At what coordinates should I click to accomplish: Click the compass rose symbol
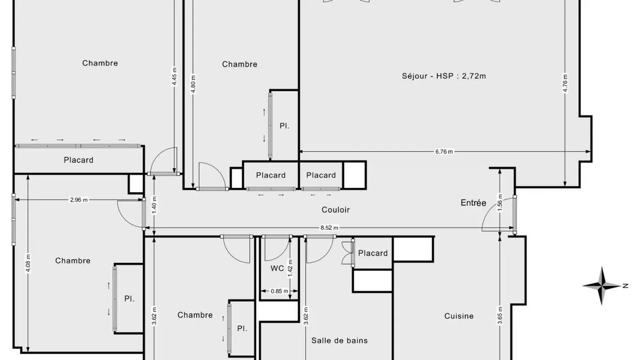point(602,285)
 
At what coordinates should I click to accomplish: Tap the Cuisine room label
point(459,316)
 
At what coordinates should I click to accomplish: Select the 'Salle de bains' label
point(339,340)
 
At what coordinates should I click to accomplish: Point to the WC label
point(277,268)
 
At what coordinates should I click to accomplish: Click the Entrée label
point(473,203)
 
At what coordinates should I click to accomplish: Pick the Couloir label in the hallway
point(335,210)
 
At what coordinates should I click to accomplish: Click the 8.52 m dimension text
point(330,228)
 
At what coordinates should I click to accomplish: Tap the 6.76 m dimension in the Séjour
point(444,151)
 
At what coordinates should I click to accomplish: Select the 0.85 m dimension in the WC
point(279,291)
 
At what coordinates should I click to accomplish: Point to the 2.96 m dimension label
point(79,199)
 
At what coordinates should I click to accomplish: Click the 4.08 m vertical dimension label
point(28,263)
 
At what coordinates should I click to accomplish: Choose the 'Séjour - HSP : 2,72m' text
point(444,76)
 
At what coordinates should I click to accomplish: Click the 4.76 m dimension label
point(565,83)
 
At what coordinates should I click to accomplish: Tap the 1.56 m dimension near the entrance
point(500,203)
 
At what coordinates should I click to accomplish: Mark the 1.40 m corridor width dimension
point(154,205)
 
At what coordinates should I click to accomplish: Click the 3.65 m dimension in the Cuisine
point(500,315)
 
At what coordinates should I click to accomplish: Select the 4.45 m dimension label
point(174,76)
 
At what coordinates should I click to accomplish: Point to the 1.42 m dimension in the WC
point(290,268)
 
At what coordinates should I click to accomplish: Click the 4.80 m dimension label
point(193,84)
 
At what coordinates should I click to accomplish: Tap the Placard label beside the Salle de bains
point(373,253)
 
